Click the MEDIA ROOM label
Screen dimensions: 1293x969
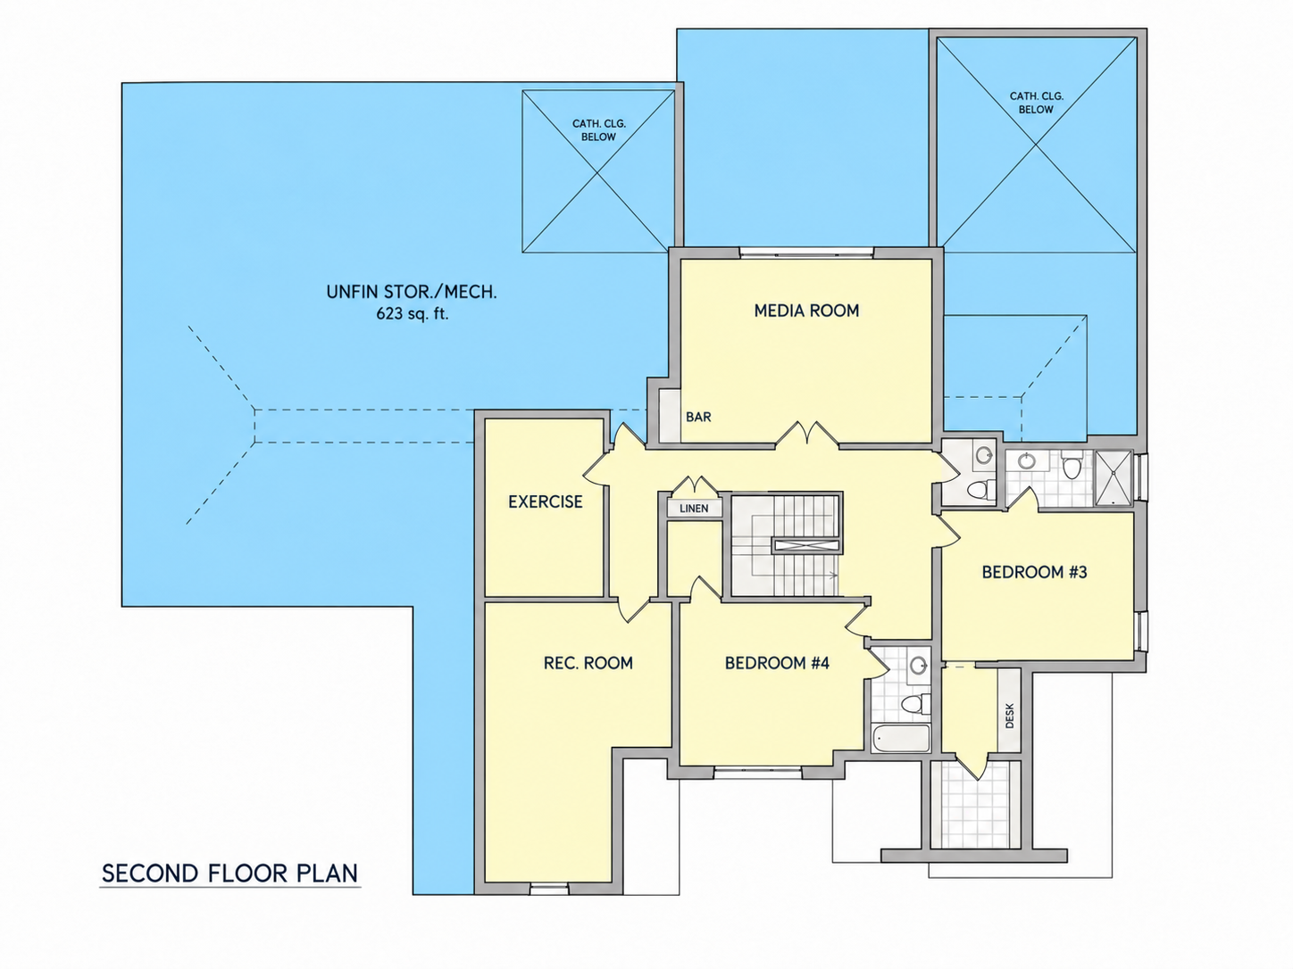pyautogui.click(x=806, y=311)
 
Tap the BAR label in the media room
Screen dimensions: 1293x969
pyautogui.click(x=698, y=418)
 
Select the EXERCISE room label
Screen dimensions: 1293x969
pyautogui.click(x=546, y=501)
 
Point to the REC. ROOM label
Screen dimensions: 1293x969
pyautogui.click(x=588, y=663)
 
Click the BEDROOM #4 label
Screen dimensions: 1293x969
pyautogui.click(x=777, y=663)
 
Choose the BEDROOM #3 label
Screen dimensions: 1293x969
pyautogui.click(x=1034, y=572)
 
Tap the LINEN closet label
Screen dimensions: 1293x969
pyautogui.click(x=694, y=509)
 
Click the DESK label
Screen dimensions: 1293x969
pyautogui.click(x=1010, y=716)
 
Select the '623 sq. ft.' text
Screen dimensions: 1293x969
pyautogui.click(x=413, y=314)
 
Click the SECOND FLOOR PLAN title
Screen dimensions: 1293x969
pyautogui.click(x=229, y=874)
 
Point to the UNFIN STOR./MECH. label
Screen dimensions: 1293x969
pyautogui.click(x=412, y=292)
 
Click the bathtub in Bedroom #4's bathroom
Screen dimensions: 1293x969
pyautogui.click(x=901, y=738)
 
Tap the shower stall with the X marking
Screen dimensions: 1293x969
pyautogui.click(x=1114, y=477)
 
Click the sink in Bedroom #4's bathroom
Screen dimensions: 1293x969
pyautogui.click(x=918, y=667)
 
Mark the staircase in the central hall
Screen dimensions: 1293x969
pyautogui.click(x=787, y=545)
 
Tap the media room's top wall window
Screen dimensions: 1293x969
pyautogui.click(x=806, y=253)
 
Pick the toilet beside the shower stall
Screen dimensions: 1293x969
pyautogui.click(x=1071, y=465)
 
